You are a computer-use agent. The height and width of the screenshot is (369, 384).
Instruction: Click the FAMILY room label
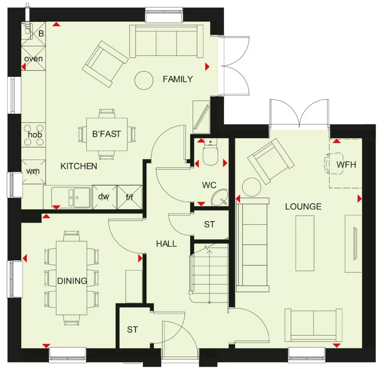tap(178, 79)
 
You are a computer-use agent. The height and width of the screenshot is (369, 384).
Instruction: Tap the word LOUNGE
tap(303, 207)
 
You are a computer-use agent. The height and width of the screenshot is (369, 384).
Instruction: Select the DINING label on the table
tap(72, 281)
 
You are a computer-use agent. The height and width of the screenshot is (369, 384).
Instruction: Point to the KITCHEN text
tap(79, 166)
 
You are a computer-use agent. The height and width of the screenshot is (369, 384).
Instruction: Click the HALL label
tap(166, 244)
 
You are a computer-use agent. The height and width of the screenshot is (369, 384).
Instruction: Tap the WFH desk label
tap(346, 164)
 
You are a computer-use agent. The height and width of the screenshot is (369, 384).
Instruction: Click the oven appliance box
tap(33, 59)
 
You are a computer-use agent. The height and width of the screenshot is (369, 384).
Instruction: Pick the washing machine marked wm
tap(33, 172)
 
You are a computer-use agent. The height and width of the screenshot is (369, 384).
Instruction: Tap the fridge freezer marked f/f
tap(129, 197)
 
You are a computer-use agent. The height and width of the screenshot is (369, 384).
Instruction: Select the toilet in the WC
tap(210, 155)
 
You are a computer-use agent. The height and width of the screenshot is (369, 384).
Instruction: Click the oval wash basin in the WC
tap(220, 197)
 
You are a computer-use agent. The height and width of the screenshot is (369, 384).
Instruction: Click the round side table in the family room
tap(144, 80)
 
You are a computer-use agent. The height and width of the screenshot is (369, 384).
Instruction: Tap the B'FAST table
tap(107, 134)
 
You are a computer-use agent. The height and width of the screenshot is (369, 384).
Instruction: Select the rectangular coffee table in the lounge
tap(305, 243)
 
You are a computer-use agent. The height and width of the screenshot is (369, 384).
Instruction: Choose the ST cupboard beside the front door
tap(132, 329)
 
